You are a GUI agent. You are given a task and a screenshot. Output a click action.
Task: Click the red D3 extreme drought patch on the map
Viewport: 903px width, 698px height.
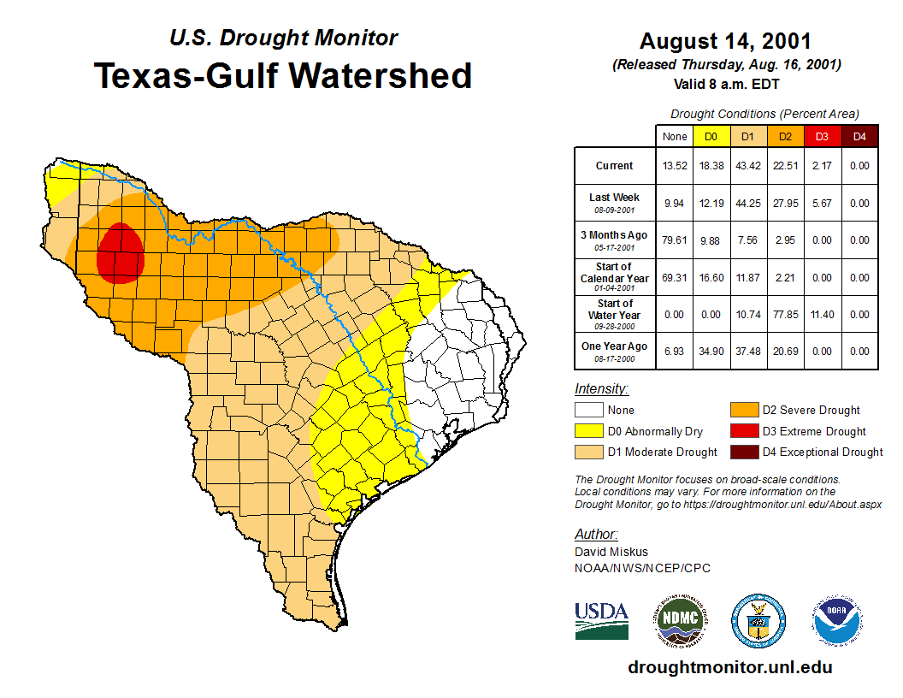coord(120,254)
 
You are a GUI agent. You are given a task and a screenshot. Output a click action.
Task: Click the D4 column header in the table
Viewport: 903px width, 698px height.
coord(859,136)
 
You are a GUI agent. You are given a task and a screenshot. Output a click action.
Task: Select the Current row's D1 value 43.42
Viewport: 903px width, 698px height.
coord(747,166)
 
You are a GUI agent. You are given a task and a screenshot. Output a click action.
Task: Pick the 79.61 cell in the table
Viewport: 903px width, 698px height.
coord(674,240)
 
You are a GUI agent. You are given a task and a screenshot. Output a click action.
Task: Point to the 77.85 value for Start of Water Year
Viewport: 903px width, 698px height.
coord(785,315)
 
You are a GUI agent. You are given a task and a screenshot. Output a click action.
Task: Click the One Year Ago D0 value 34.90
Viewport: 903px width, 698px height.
coord(710,352)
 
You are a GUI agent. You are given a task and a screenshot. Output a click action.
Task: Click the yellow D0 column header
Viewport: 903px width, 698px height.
coord(710,136)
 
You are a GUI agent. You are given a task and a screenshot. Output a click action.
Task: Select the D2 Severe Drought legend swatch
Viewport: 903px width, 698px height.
coord(742,410)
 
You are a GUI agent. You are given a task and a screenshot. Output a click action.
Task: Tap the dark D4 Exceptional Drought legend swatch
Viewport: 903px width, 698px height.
coord(742,452)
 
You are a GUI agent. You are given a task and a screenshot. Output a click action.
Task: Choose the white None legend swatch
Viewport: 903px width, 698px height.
coord(588,410)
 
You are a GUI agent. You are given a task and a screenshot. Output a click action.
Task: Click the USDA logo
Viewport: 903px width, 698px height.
coord(601,620)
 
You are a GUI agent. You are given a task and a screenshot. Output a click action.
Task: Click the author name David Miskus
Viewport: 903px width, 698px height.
coord(611,553)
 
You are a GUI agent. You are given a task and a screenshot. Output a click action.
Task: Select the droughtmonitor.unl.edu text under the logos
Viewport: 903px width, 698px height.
coord(729,667)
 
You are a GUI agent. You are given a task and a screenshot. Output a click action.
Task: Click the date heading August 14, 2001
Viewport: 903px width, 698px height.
coord(725,41)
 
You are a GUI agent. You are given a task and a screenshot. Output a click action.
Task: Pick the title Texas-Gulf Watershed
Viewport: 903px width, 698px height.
coord(282,75)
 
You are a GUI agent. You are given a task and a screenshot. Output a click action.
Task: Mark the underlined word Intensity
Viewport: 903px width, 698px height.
coord(601,389)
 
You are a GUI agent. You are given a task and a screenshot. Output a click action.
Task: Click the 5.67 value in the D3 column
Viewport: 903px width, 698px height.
coord(822,204)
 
